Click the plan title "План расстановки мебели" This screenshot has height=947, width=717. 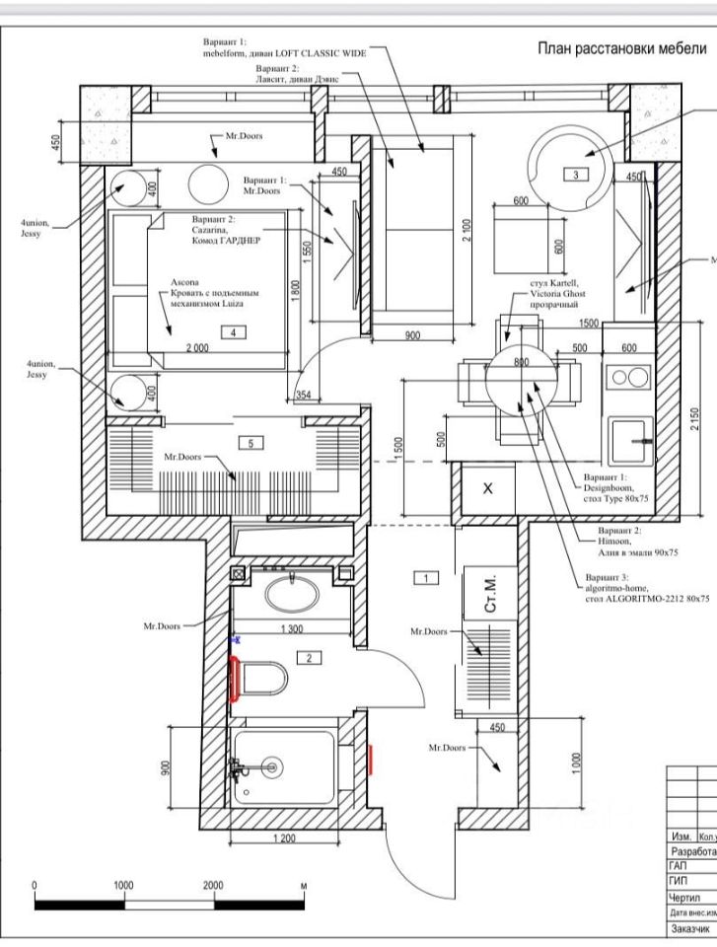(x=621, y=49)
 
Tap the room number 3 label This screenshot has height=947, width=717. (x=575, y=175)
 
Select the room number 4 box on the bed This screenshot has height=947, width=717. (x=234, y=333)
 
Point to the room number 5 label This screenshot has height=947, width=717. (x=251, y=444)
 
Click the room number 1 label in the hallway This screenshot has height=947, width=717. (x=424, y=578)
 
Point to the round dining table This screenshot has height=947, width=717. (x=522, y=379)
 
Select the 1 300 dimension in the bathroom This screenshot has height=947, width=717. (x=293, y=629)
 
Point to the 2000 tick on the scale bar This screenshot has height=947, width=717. (x=213, y=886)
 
